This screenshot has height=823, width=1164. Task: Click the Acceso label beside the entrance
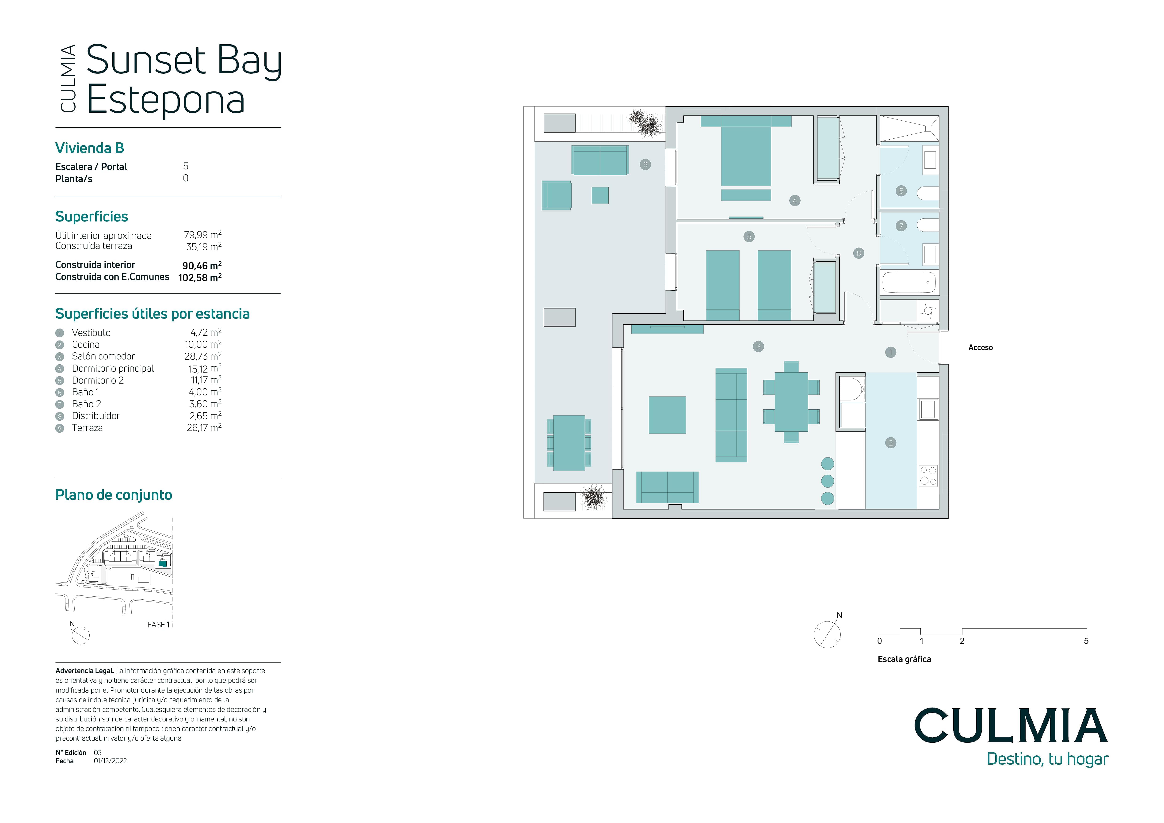980,348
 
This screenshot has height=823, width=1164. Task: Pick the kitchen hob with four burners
928,476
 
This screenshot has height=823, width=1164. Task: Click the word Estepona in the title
166,100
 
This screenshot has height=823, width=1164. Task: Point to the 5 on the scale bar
1086,641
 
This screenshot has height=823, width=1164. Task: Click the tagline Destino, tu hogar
1047,759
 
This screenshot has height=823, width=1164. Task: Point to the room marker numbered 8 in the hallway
858,253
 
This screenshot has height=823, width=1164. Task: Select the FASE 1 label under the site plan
158,625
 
